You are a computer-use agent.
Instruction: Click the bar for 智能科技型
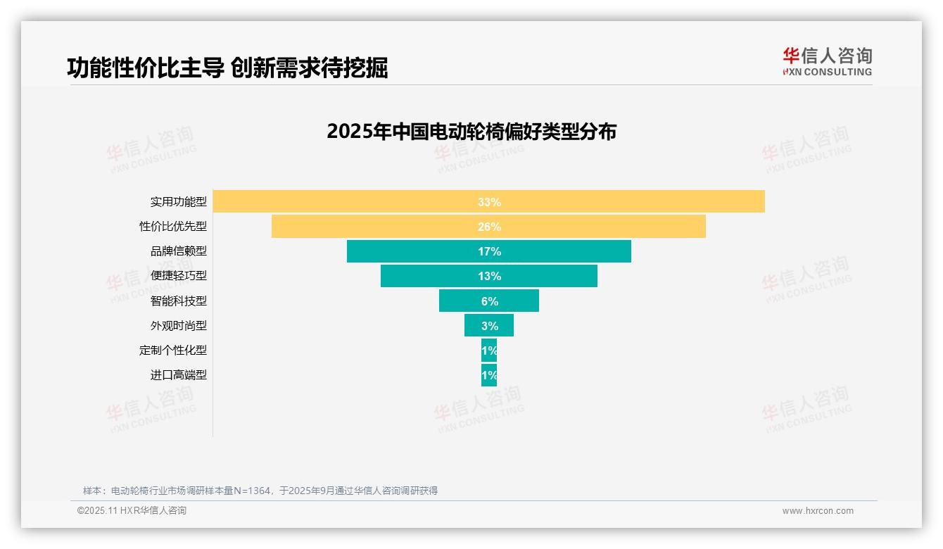point(457,301)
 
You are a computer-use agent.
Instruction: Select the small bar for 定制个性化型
point(489,350)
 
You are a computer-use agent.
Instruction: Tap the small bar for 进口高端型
point(489,375)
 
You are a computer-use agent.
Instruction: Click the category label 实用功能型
point(179,201)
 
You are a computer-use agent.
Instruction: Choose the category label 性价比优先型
point(173,227)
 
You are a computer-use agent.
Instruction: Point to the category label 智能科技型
point(179,301)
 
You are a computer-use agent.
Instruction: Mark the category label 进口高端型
point(179,375)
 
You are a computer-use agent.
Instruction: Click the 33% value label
point(489,202)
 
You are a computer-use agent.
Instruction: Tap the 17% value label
point(489,251)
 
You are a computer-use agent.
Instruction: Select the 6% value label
point(489,301)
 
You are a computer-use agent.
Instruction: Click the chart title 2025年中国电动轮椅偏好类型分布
point(471,132)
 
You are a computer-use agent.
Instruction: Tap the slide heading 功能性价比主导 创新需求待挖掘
point(227,68)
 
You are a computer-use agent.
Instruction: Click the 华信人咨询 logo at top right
point(827,61)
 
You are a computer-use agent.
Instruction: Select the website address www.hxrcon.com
point(818,511)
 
